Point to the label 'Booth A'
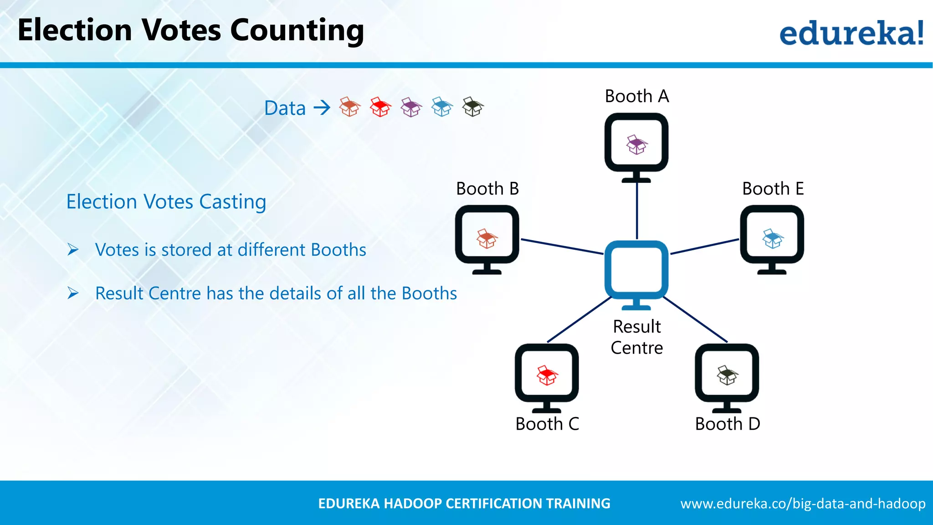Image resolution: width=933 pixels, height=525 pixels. click(x=637, y=96)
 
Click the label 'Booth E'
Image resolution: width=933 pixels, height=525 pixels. click(x=773, y=189)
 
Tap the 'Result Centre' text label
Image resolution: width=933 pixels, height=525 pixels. click(x=637, y=337)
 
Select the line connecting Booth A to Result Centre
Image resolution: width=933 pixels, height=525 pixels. click(x=637, y=211)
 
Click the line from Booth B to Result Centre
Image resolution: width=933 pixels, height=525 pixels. click(x=562, y=246)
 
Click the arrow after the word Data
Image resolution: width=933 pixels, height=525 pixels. click(x=322, y=108)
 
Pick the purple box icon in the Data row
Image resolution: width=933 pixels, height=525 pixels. click(x=411, y=108)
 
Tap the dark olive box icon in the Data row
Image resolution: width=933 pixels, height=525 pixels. click(x=473, y=107)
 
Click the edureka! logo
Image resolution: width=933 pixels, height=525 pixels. click(x=851, y=33)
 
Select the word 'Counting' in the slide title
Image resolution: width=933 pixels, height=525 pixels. click(x=297, y=31)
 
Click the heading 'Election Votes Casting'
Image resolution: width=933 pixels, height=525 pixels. click(x=166, y=201)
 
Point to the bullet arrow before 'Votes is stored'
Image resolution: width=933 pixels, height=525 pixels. click(x=73, y=250)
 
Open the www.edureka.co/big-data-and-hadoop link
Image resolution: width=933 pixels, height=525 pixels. click(x=803, y=504)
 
